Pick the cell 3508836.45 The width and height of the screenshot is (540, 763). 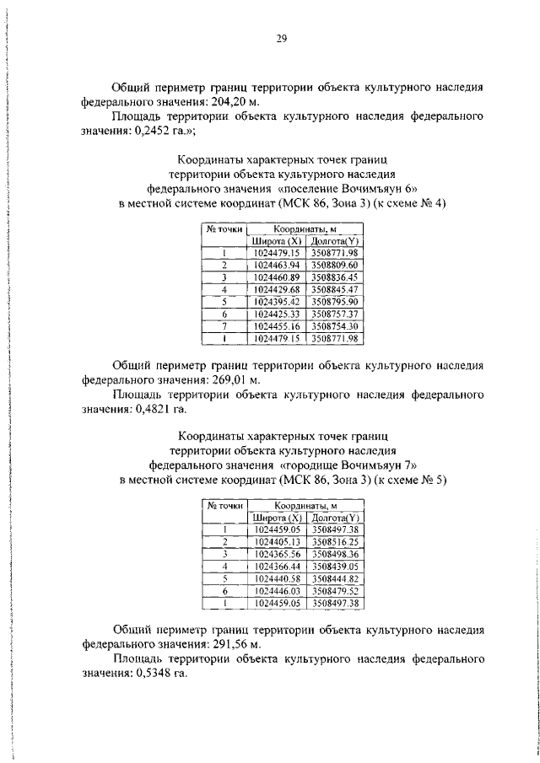coord(335,277)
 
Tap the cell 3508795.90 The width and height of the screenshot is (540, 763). coord(335,301)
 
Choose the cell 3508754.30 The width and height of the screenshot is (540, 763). coord(335,325)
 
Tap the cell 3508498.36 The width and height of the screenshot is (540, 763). coord(335,554)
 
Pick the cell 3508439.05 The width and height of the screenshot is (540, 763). coord(335,566)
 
